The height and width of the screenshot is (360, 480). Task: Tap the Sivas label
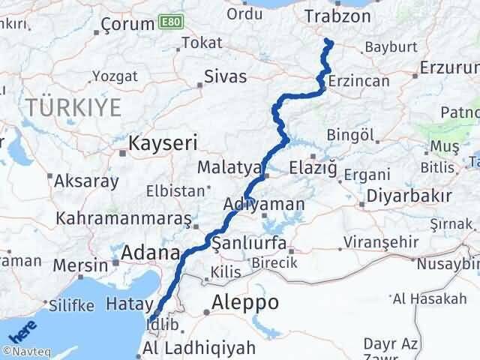(x=226, y=76)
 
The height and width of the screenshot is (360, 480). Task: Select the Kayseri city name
(x=163, y=142)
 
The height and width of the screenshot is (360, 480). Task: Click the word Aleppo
(x=245, y=303)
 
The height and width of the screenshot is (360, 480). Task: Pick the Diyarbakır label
(x=409, y=196)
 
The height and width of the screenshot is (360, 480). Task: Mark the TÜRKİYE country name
(x=73, y=107)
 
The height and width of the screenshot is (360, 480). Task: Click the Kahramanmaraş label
(x=123, y=220)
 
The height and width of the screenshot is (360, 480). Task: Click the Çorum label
(x=128, y=24)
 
